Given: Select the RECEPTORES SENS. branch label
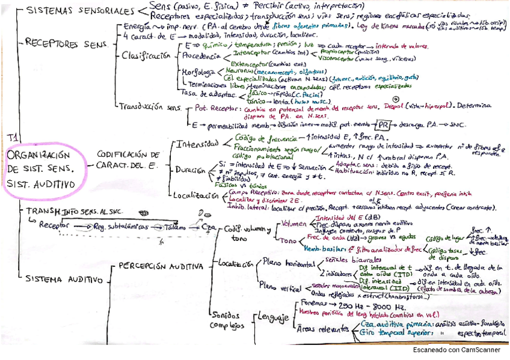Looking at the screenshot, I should pyautogui.click(x=66, y=43).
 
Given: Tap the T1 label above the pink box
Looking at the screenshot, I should pyautogui.click(x=13, y=138).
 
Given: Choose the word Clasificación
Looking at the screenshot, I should pyautogui.click(x=146, y=56).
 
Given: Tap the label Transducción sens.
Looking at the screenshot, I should pyautogui.click(x=150, y=106).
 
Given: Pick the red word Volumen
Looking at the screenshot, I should pyautogui.click(x=294, y=224).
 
